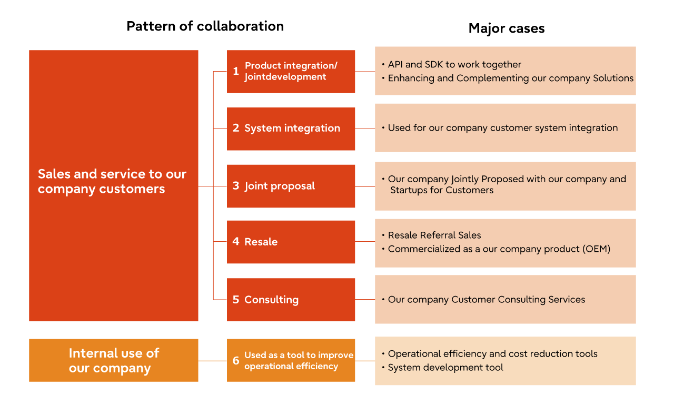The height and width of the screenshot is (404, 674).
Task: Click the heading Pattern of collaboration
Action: pos(205,26)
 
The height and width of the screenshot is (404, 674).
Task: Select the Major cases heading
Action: pos(506,28)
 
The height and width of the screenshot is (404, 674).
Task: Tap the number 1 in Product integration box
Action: pos(236,71)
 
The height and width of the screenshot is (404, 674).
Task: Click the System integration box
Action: pos(291,129)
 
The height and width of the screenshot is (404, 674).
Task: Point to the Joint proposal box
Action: pos(291,186)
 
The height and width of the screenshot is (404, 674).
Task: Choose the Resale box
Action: pos(291,242)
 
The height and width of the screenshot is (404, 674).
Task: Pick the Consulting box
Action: pos(291,300)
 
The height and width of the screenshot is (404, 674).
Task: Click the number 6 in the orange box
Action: pos(236,361)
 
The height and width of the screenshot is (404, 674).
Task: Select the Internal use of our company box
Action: pos(114,360)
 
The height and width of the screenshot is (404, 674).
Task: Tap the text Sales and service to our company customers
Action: pos(112,181)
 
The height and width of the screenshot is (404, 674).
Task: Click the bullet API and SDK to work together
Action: pos(454,65)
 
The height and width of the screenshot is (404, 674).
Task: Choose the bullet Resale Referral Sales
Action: pos(434,235)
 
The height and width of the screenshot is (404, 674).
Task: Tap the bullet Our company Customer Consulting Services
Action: pos(486,300)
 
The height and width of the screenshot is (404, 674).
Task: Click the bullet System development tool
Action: pos(445,368)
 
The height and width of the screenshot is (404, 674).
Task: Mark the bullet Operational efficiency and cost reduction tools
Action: pos(492,354)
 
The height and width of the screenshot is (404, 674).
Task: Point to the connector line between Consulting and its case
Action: pos(365,300)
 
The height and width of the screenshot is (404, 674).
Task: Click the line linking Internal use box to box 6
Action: pos(212,361)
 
